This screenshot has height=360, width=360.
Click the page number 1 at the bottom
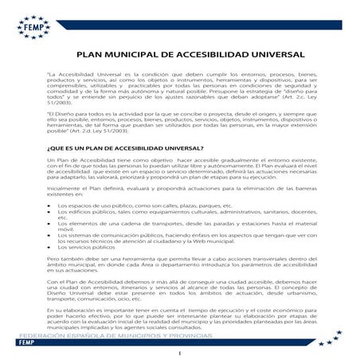[182, 353]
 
